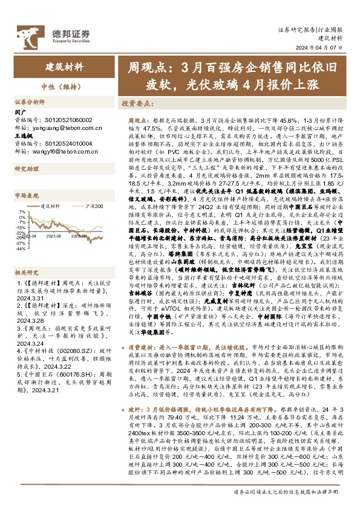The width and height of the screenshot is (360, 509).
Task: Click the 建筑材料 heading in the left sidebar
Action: (x=64, y=66)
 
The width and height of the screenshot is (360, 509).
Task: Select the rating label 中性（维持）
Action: (x=64, y=84)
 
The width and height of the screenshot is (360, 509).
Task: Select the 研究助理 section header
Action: (x=26, y=169)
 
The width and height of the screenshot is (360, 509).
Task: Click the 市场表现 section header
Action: (x=26, y=196)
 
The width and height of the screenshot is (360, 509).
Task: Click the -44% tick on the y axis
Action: (x=21, y=248)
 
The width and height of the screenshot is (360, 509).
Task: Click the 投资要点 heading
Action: (x=137, y=103)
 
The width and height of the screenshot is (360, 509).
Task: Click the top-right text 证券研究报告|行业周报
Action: (x=310, y=30)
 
